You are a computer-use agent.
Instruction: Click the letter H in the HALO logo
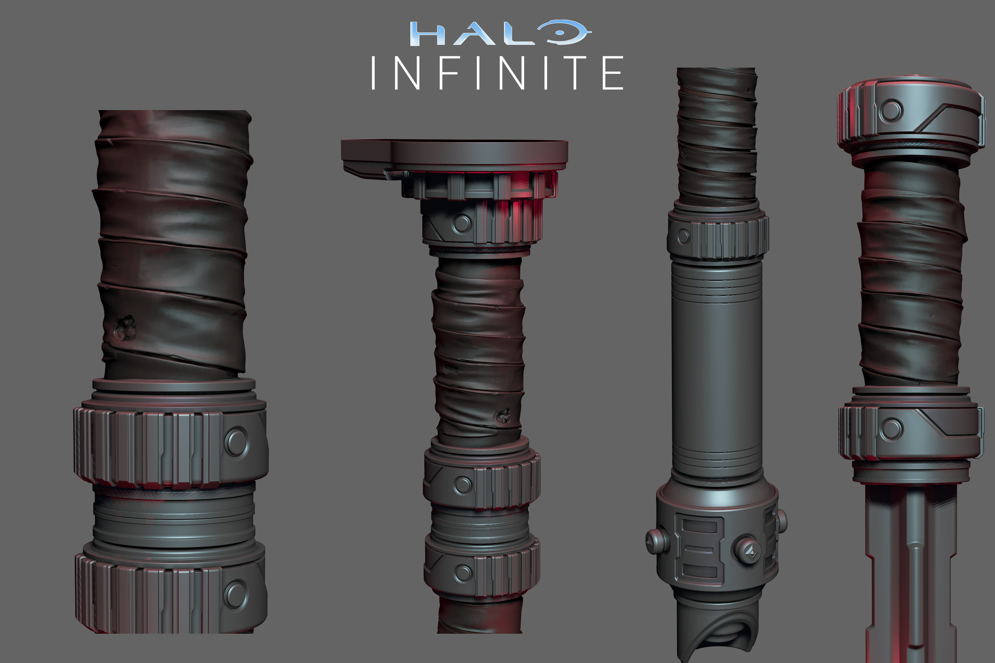pos(428,34)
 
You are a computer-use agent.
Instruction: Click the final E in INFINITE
pos(613,73)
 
